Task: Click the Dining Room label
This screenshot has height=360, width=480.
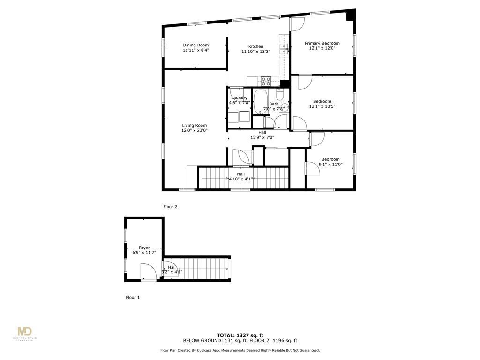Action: point(195,45)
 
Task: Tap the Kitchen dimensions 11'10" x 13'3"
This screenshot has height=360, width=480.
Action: point(255,52)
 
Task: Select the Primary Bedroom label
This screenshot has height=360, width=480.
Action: point(322,43)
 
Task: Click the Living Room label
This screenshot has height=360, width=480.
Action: point(194,125)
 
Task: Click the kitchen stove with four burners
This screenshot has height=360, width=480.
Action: point(266,81)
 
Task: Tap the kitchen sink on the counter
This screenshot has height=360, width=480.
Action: point(284,49)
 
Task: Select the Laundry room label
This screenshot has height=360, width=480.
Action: point(239,97)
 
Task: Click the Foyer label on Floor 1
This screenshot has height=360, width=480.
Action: point(144,248)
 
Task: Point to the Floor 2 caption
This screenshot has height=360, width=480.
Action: point(170,207)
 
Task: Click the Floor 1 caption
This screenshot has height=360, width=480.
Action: point(133,298)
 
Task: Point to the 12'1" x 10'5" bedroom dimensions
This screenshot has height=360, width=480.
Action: point(322,106)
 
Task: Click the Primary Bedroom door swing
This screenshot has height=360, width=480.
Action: point(298,24)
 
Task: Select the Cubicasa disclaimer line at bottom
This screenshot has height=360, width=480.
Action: point(240,350)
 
